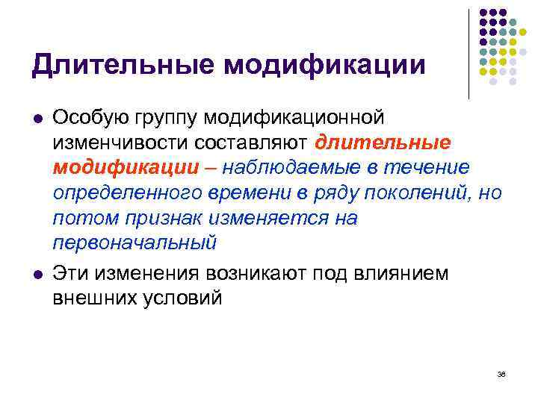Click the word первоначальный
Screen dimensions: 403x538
pos(134,243)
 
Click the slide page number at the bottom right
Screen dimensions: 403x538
pos(501,375)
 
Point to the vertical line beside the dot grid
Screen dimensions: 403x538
pos(469,52)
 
